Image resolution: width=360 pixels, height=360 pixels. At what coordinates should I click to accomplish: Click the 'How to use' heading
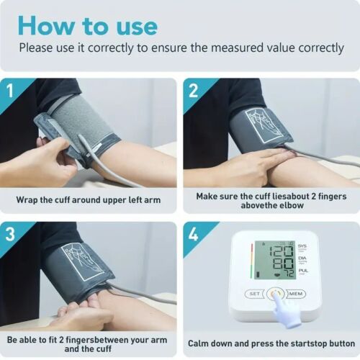[x=88, y=26]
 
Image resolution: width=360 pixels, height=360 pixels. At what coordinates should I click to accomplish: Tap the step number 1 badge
[x=10, y=91]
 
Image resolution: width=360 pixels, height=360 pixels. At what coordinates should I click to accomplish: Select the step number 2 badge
[x=194, y=91]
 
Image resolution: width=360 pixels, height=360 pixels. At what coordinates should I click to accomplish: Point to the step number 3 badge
[x=10, y=234]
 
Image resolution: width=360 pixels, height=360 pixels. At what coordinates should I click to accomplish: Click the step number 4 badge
[x=194, y=234]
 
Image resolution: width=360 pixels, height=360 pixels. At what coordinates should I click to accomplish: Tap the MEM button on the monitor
[x=296, y=294]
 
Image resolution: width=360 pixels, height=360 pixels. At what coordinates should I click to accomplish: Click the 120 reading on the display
[x=282, y=251]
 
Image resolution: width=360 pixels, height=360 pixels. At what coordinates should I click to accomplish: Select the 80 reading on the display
[x=284, y=264]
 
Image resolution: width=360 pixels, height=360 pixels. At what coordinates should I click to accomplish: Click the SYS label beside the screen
[x=302, y=246]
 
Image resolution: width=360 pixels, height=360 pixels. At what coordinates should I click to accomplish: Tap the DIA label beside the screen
[x=302, y=258]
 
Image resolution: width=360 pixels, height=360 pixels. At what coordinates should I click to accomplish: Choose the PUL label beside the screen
[x=302, y=271]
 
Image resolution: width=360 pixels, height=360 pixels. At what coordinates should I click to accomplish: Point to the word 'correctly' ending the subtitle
[x=321, y=48]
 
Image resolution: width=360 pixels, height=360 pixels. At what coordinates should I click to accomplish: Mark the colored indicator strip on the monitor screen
[x=252, y=259]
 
